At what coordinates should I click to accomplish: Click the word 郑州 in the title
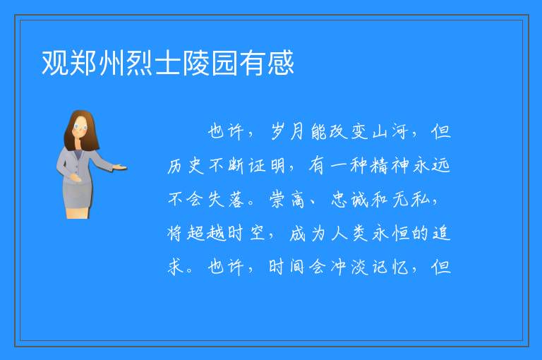(x=83, y=63)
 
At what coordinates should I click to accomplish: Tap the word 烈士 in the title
(x=140, y=63)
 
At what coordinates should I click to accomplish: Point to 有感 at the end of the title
(x=267, y=63)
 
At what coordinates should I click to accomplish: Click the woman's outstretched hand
(x=119, y=168)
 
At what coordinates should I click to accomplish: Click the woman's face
(x=80, y=128)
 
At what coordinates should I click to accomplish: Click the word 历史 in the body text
(x=186, y=166)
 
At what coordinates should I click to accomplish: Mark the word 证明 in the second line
(x=267, y=166)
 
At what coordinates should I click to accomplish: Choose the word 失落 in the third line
(x=226, y=200)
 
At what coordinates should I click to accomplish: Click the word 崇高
(x=287, y=200)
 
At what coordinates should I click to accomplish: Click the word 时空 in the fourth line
(x=247, y=234)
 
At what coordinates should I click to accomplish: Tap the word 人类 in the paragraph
(x=349, y=234)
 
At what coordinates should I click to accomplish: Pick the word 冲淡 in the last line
(x=349, y=267)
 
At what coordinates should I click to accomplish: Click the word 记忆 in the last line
(x=390, y=267)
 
